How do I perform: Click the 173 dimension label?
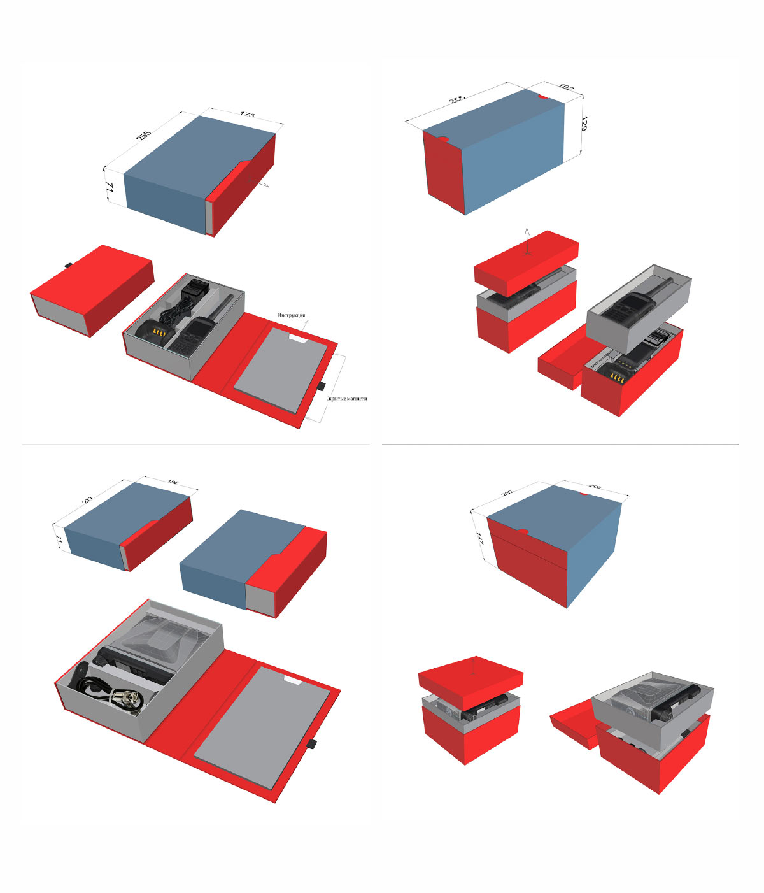coord(248,115)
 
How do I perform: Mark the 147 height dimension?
coord(479,539)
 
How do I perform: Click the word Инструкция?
coord(291,315)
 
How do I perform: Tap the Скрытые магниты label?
coord(346,399)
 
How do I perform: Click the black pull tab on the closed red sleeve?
coord(67,265)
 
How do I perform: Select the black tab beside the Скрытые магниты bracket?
coord(322,386)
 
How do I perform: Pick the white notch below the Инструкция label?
coord(297,338)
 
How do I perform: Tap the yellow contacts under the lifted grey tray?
coord(618,377)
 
